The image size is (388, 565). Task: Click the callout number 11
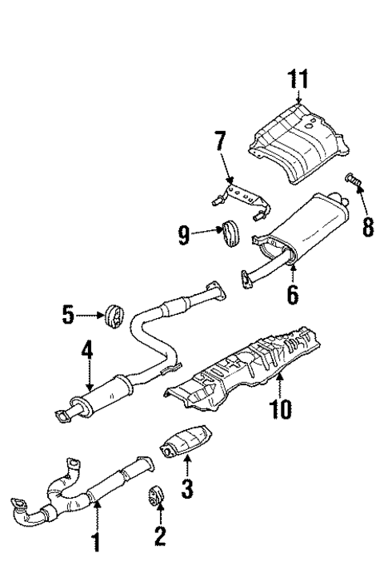tap(299, 81)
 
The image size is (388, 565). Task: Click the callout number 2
tap(160, 536)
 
